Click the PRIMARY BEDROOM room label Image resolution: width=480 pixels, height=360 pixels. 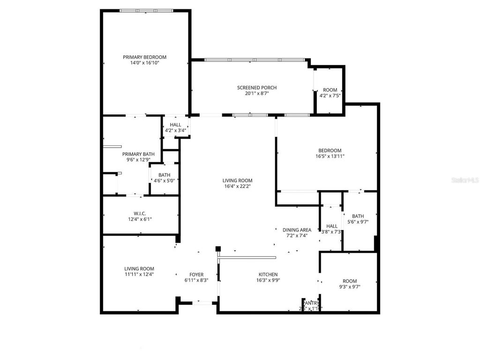144,57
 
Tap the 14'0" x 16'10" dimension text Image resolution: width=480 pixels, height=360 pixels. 144,63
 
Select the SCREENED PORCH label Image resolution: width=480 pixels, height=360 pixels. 256,88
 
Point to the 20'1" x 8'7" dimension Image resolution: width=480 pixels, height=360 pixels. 256,93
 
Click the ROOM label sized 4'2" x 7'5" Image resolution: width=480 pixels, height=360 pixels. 330,90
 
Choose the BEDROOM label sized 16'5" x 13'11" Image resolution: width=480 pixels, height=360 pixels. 328,150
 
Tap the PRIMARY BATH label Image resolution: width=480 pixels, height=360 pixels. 138,154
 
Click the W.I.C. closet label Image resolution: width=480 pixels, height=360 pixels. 140,213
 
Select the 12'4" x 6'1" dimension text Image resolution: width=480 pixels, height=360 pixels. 140,219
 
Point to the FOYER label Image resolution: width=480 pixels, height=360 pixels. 196,275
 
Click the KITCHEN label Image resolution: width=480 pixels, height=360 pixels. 268,275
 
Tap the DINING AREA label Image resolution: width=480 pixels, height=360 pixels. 297,230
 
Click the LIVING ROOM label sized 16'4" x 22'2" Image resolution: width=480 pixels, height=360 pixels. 238,180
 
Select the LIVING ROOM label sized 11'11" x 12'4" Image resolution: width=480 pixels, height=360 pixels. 139,269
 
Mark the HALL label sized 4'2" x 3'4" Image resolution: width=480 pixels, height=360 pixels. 176,125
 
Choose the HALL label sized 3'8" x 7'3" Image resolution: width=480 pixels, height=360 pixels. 332,226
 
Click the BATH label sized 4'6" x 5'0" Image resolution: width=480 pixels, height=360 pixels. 164,175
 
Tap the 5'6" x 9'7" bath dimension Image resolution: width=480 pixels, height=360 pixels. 358,222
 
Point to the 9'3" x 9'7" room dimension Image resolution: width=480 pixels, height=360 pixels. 349,287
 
